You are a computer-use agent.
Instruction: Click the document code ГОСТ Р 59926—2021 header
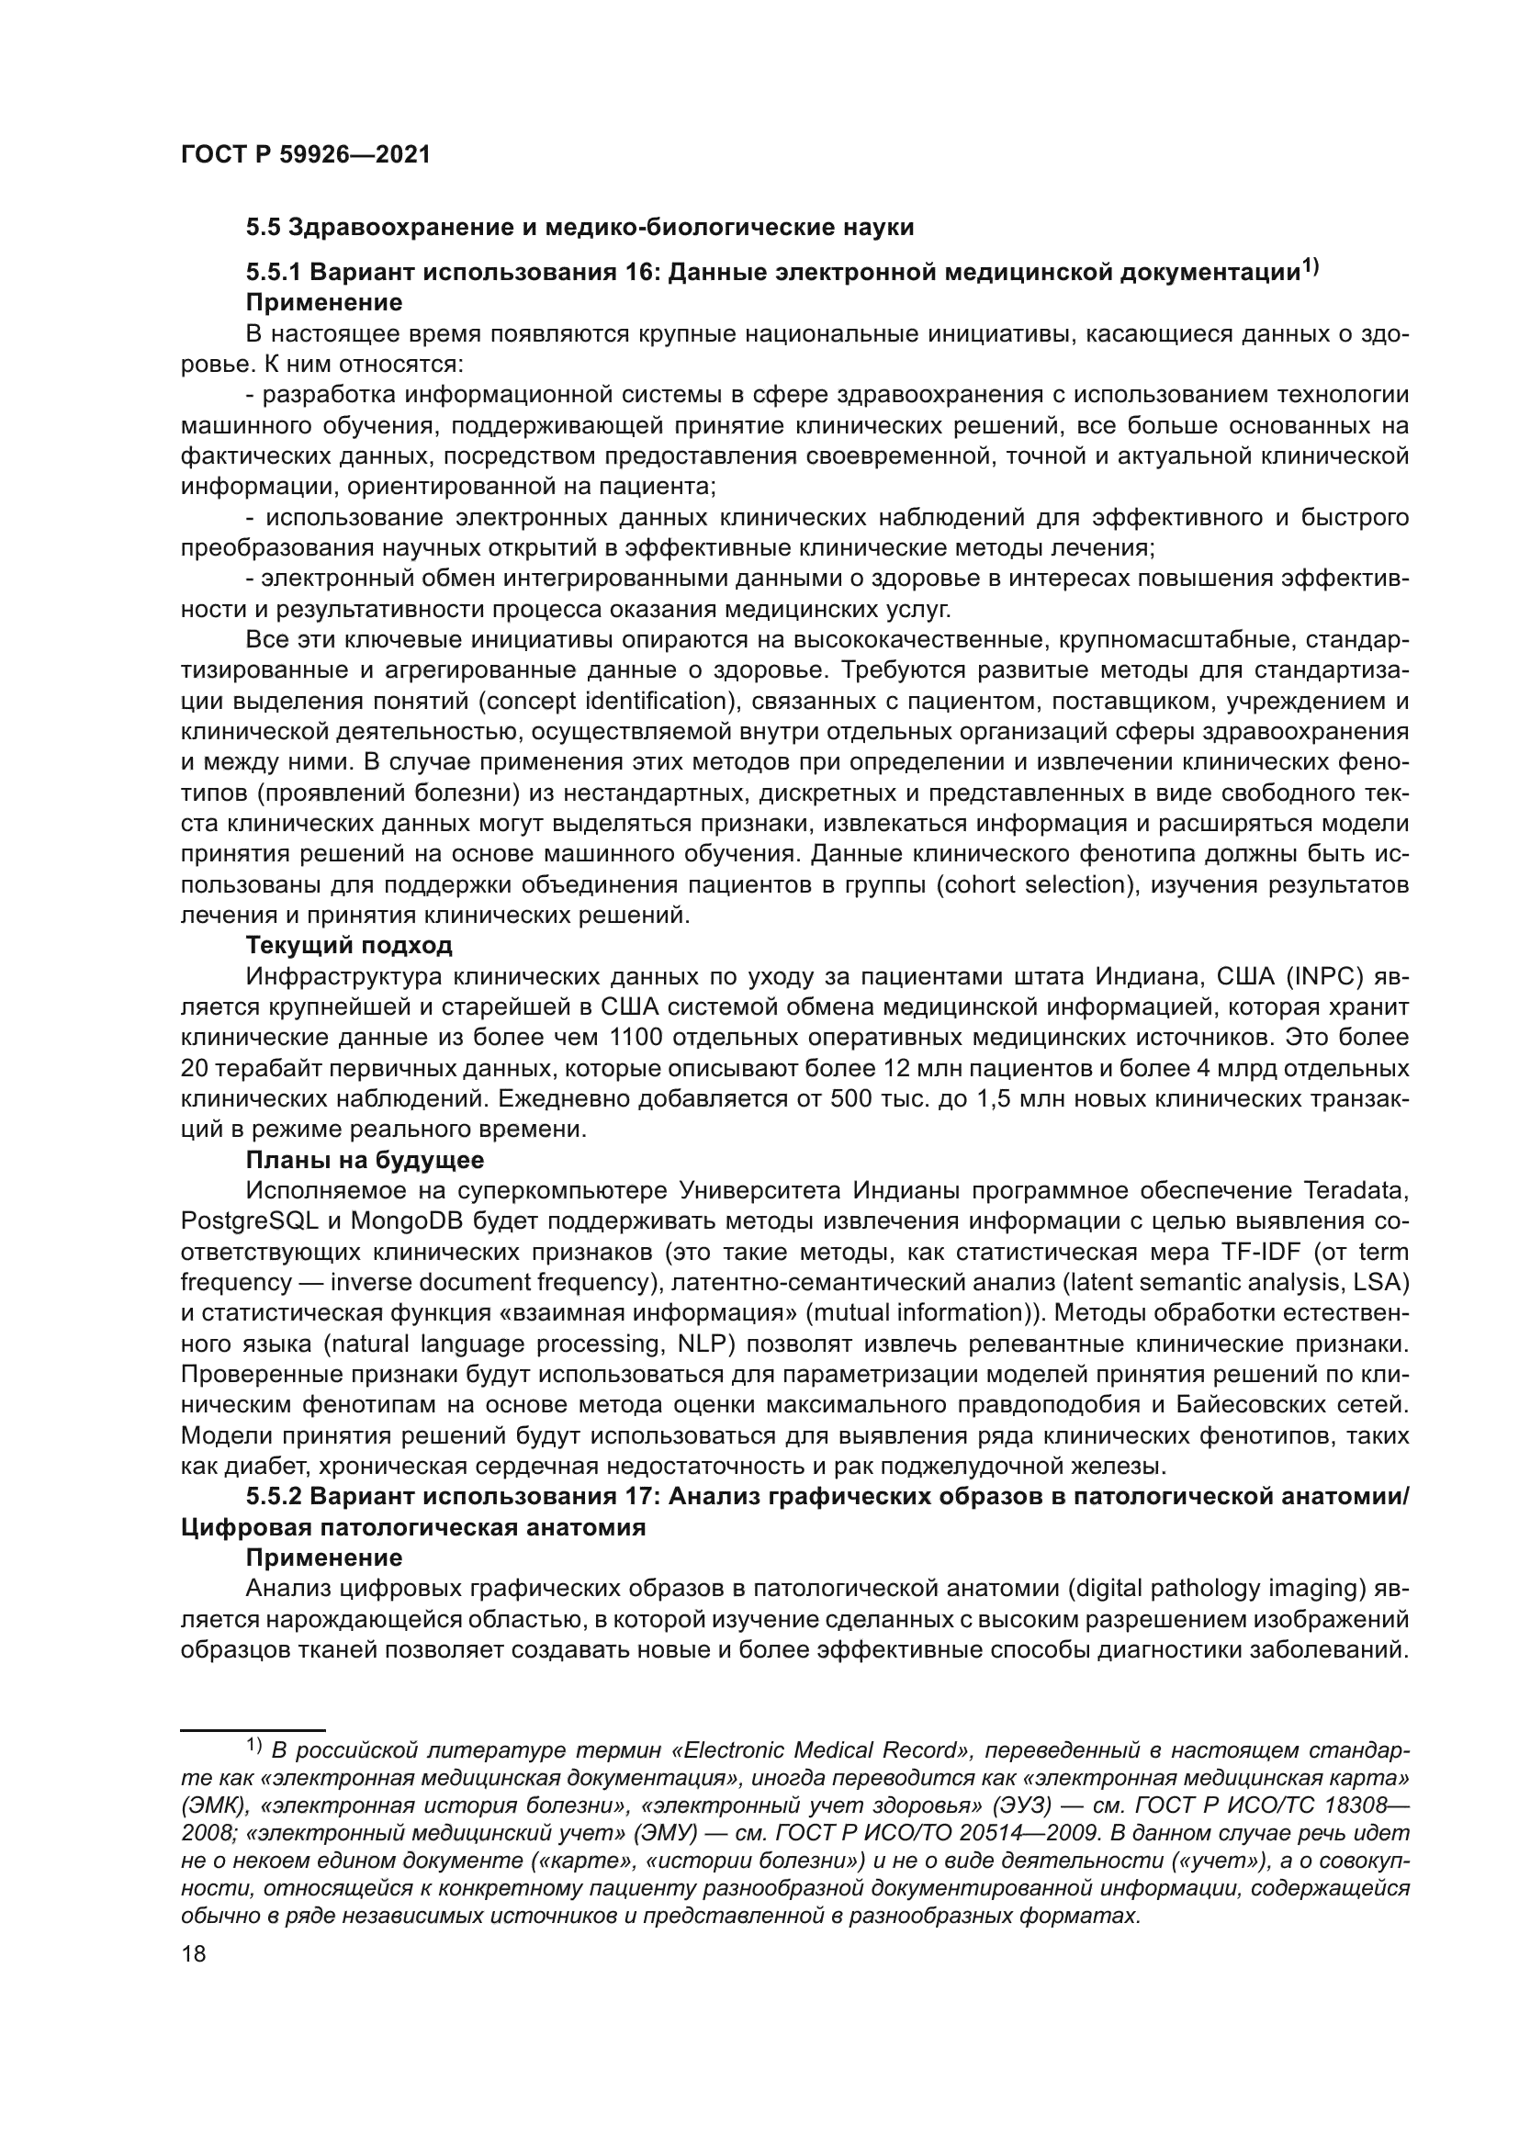point(305,154)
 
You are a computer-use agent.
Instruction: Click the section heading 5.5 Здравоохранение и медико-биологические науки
point(579,228)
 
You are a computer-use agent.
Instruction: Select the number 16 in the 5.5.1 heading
point(637,272)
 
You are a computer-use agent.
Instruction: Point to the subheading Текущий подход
point(349,946)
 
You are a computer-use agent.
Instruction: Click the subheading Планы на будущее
point(365,1161)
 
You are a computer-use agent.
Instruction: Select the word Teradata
point(1355,1191)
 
